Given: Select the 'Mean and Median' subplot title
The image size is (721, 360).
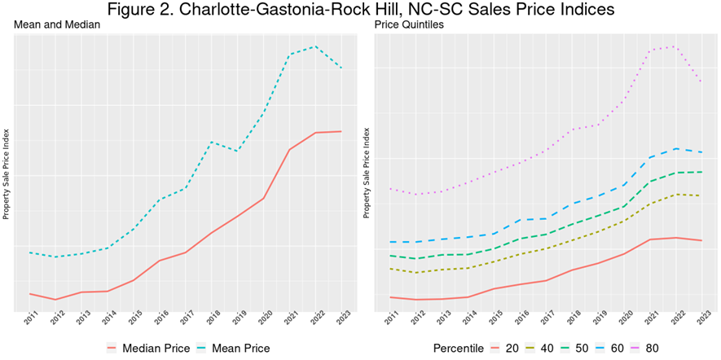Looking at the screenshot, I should click(57, 25).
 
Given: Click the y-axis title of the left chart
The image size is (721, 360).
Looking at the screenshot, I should click(7, 173).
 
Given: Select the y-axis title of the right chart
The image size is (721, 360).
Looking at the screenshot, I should click(367, 173).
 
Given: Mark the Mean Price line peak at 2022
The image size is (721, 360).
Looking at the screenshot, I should click(315, 46).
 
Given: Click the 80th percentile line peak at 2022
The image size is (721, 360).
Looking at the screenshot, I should click(675, 46).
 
